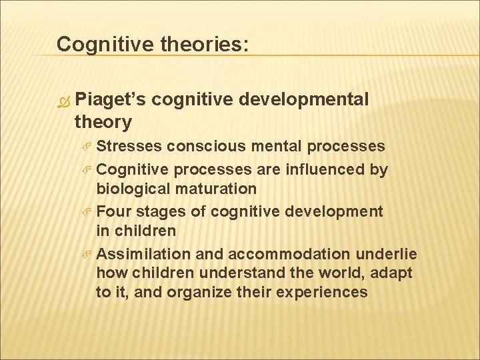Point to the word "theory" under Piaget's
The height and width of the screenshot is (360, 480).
(103, 121)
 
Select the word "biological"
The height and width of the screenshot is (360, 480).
(131, 189)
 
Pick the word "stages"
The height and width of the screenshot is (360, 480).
(160, 212)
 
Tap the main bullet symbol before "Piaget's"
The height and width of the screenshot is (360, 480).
(65, 101)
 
